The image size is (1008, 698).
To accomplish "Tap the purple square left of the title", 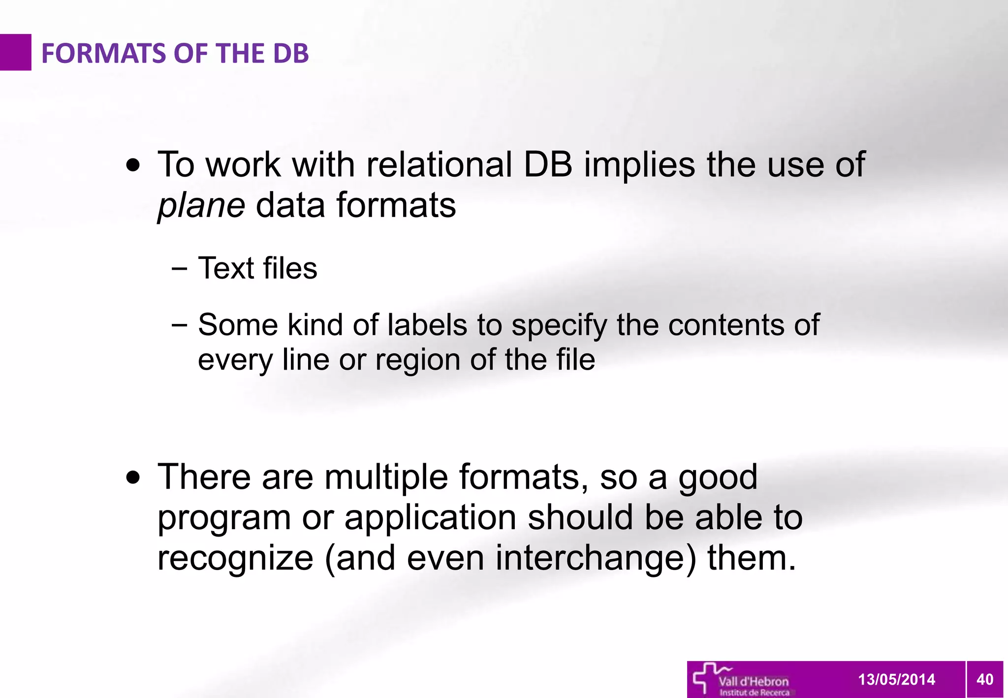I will pos(15,52).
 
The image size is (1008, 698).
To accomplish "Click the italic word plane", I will pos(201,206).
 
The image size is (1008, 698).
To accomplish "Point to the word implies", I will pos(639,165).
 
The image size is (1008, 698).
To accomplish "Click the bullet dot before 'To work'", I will pos(133,165).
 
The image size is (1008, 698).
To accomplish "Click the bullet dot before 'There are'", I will pos(133,477).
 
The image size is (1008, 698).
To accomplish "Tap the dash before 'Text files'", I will pos(180,269).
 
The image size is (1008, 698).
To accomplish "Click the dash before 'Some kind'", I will pos(180,325).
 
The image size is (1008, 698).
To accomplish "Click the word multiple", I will pos(386,477).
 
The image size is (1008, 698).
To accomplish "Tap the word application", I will pos(430,518).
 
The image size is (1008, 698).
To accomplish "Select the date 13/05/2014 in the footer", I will pos(896,680).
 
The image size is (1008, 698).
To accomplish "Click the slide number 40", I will pos(984,680).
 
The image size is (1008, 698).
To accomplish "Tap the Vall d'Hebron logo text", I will pos(753,682).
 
